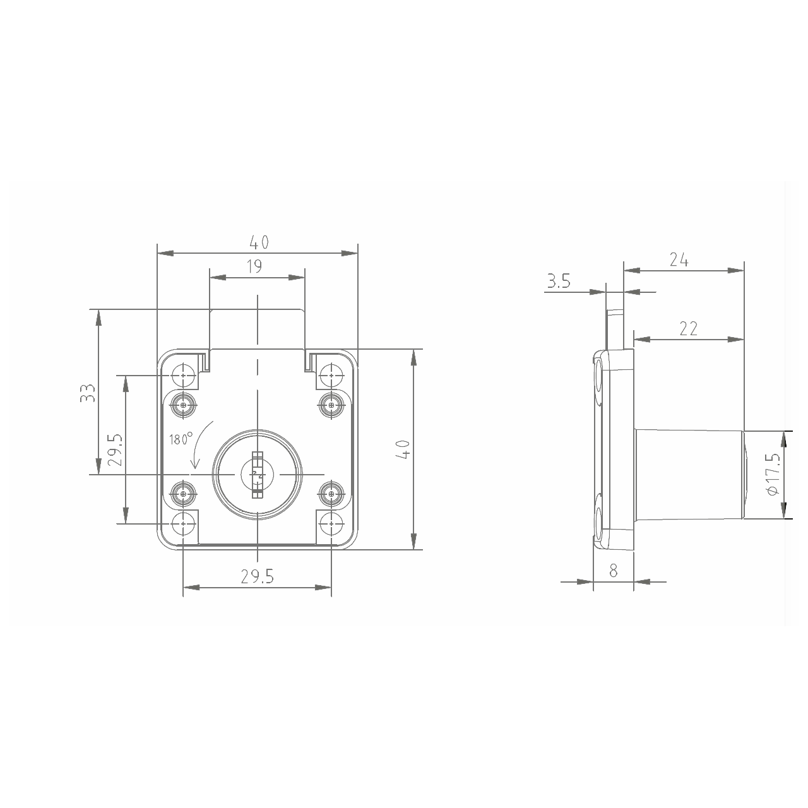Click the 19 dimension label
pyautogui.click(x=254, y=266)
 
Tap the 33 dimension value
pyautogui.click(x=88, y=393)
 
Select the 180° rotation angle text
pyautogui.click(x=181, y=439)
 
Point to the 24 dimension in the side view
pyautogui.click(x=679, y=260)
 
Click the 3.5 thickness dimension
pyautogui.click(x=559, y=281)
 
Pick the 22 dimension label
pyautogui.click(x=689, y=328)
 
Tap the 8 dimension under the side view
pyautogui.click(x=614, y=571)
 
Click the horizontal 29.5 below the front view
pyautogui.click(x=257, y=577)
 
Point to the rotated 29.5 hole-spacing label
pyautogui.click(x=115, y=449)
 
